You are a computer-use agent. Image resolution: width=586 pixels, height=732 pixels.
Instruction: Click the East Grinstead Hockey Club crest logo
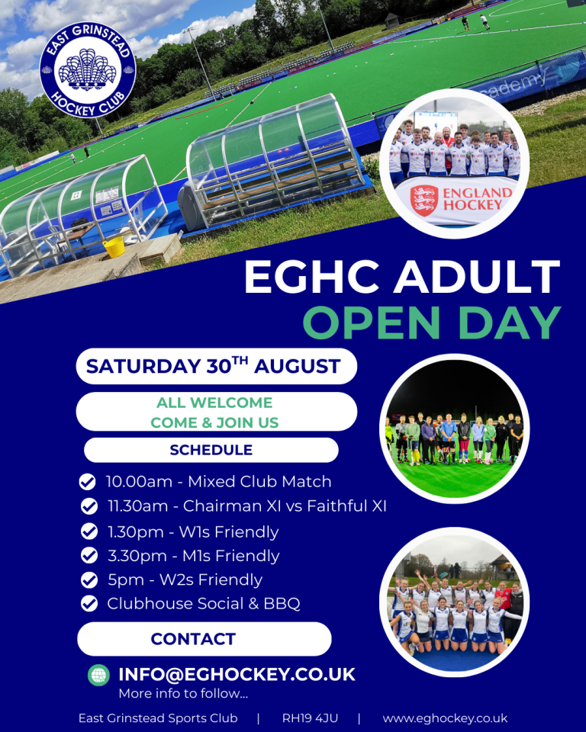tap(88, 69)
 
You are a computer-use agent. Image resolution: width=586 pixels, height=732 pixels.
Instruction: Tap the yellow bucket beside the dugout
tap(114, 247)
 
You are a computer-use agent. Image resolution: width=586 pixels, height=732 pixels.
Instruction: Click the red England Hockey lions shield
tap(423, 200)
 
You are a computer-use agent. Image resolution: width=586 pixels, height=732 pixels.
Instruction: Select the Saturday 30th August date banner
tap(217, 366)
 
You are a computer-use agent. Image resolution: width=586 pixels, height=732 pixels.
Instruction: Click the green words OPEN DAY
tap(431, 323)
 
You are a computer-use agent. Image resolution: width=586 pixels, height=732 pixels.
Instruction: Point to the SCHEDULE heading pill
tap(211, 450)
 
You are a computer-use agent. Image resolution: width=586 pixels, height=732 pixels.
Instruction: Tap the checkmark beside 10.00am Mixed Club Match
tap(88, 482)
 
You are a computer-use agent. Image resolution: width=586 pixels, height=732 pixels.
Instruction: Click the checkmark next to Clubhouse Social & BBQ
tap(89, 603)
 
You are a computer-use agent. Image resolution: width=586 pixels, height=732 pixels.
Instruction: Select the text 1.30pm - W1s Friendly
tap(193, 531)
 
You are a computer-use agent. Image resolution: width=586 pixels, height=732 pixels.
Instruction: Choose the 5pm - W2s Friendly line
tap(185, 579)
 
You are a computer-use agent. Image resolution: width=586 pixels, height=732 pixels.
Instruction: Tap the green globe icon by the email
tap(98, 675)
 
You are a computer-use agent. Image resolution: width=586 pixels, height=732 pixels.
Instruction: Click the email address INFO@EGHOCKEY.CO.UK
tap(237, 675)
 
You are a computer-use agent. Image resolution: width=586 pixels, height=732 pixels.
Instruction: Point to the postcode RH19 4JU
tap(310, 718)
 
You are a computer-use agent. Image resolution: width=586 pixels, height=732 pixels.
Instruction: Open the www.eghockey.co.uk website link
tap(445, 718)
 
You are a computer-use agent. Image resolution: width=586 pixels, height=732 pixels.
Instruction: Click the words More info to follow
tap(183, 693)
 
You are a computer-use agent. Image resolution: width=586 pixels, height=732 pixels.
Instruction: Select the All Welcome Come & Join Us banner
tap(217, 412)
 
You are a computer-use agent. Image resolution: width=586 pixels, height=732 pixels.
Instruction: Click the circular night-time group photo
tap(455, 429)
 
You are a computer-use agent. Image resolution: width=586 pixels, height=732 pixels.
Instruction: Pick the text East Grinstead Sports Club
tap(158, 718)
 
